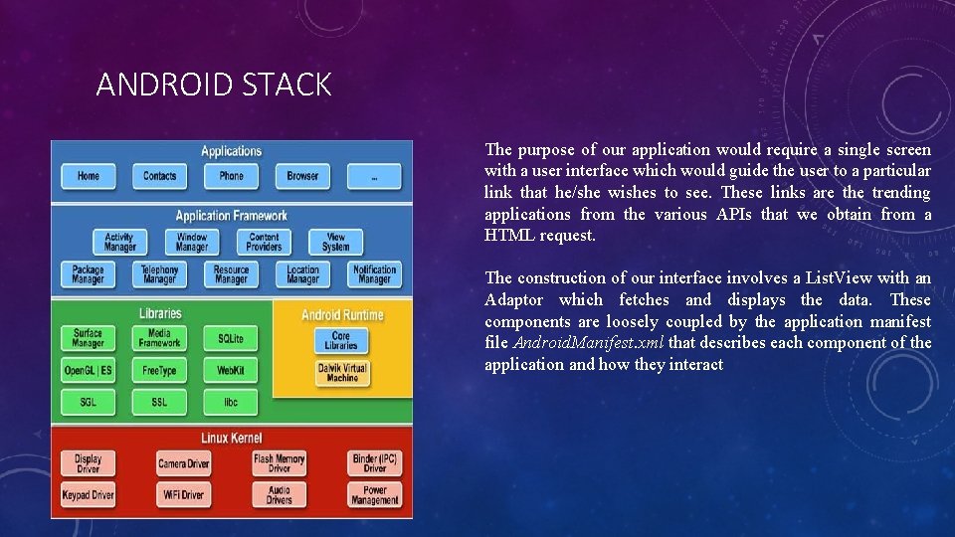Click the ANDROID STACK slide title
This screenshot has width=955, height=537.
pos(213,86)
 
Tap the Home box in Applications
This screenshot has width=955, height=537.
pos(89,177)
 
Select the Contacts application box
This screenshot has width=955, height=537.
pos(159,177)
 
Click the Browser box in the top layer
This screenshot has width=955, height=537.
pos(302,177)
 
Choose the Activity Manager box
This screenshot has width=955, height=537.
pos(119,242)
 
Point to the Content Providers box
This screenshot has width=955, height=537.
pos(264,242)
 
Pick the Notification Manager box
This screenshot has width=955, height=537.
pos(374,273)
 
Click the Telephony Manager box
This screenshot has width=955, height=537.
pos(159,273)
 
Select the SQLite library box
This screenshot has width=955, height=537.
pos(231,339)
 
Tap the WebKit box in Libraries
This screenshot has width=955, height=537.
pos(231,371)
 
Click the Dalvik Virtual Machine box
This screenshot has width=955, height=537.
pos(341,372)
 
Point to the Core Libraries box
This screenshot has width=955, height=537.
pos(341,340)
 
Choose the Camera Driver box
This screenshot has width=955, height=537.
pos(184,463)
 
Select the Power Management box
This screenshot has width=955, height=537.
pos(374,494)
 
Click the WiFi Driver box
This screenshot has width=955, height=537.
pos(184,494)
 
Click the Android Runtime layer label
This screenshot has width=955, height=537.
pos(342,315)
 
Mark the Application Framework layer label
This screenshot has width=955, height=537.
pos(231,216)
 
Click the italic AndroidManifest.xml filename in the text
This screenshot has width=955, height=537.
pos(589,343)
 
